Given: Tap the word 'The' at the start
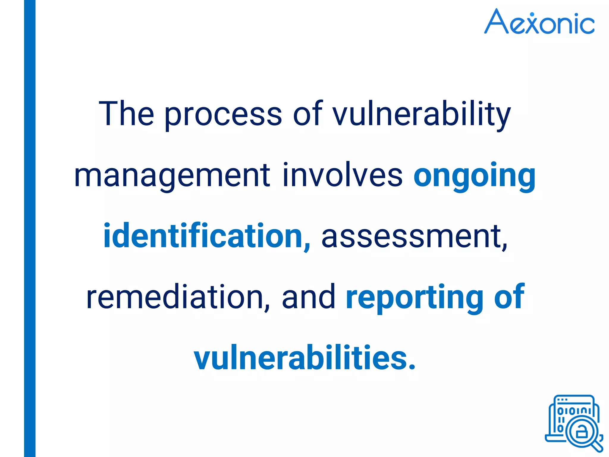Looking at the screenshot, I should (126, 114).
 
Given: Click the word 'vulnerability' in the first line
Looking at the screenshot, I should (421, 115).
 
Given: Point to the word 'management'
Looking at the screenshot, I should (172, 176).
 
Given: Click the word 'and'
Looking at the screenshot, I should (308, 297).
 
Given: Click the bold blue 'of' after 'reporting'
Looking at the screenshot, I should (509, 297).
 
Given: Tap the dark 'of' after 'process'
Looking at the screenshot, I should (307, 114).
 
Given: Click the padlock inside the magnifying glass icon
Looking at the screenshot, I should (581, 432).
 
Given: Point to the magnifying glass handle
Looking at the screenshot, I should (597, 446).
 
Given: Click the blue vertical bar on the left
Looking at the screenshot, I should (30, 228).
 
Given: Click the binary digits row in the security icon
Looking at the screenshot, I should (574, 411).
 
